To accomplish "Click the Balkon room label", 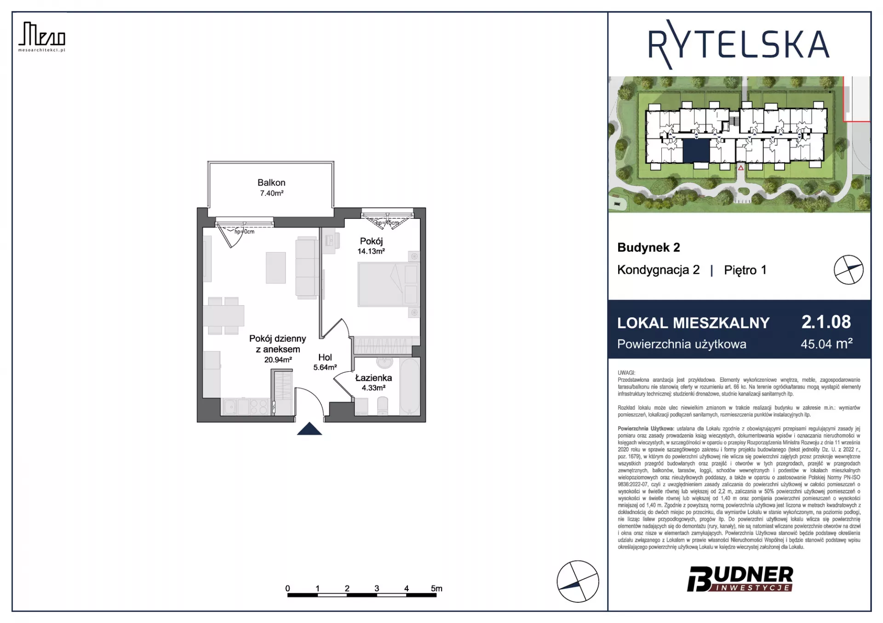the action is coord(271,183).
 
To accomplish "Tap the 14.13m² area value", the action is coord(371,251).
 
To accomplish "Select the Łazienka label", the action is coord(373,378).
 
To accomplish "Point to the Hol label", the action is coord(325,357).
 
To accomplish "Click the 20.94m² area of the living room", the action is coord(278,360).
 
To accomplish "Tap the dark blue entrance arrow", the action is coord(310,428).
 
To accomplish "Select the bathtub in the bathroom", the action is coord(409,386).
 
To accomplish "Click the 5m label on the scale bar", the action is coord(436,588).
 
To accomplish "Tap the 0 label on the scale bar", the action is coord(287,588).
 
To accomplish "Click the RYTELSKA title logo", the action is coord(739,45).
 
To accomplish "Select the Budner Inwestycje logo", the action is coord(740,579).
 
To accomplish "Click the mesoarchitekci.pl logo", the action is coord(42,37).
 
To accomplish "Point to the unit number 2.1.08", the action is coord(826,322).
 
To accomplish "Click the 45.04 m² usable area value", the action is coord(826,344).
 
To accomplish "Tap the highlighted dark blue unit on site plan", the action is coord(696,151).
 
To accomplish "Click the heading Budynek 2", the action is coord(648,247).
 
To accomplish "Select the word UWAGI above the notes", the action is coord(626,373).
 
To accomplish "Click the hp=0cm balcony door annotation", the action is coord(244,232).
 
